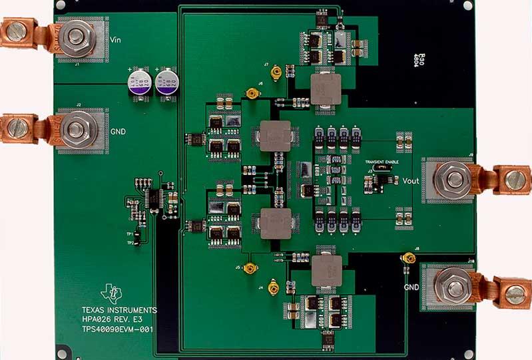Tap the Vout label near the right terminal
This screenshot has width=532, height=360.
coord(411,180)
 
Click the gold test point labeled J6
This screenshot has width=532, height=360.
coord(252,94)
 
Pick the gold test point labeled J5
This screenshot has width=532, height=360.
coord(250,268)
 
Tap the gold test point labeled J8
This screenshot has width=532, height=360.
coord(404,258)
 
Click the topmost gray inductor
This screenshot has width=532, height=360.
coord(326,87)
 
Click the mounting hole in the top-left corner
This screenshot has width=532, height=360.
coord(61,5)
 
